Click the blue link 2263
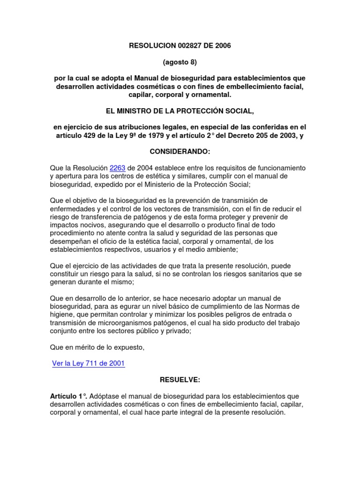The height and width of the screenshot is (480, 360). tap(117, 168)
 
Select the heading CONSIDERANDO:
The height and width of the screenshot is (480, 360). tap(180, 152)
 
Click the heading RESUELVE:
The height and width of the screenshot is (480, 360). tap(180, 380)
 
